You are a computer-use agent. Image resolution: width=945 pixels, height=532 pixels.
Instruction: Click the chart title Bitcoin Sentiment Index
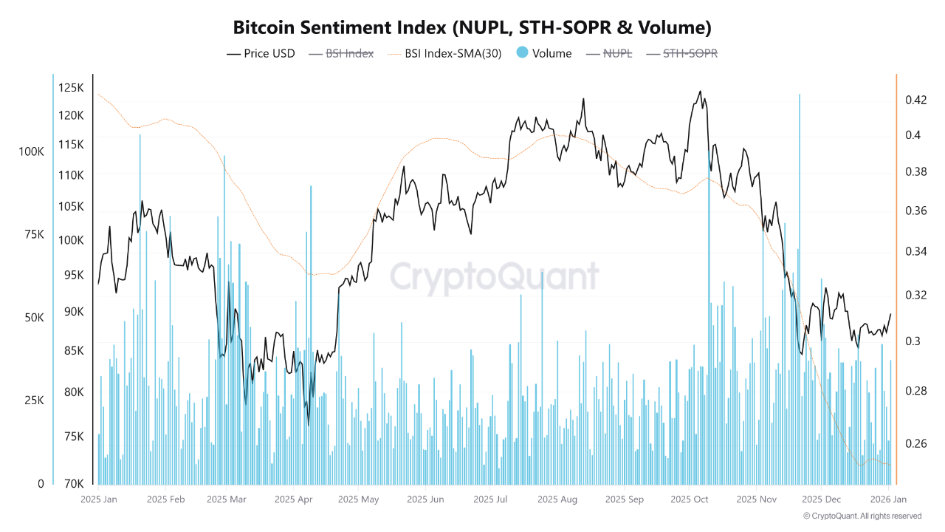point(472,28)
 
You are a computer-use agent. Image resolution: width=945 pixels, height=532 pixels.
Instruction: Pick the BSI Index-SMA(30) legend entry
point(444,53)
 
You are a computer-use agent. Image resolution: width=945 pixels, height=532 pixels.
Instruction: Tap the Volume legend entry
point(544,53)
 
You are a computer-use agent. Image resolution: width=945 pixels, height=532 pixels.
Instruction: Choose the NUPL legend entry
point(608,53)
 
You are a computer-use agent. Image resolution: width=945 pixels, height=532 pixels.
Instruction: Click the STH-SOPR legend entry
point(681,53)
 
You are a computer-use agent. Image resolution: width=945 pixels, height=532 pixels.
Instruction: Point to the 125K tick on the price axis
point(71,88)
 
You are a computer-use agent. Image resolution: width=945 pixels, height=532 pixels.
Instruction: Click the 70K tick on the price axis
point(73,484)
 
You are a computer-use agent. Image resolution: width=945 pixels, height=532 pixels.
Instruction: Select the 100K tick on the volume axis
point(32,151)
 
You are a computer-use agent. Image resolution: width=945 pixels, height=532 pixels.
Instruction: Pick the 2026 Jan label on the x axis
point(889,499)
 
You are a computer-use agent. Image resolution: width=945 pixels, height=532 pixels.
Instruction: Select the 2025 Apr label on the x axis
point(293,499)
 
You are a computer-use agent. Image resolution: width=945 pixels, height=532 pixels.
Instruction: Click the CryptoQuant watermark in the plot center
point(494,276)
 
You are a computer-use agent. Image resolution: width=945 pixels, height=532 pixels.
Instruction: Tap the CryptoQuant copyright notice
point(862,516)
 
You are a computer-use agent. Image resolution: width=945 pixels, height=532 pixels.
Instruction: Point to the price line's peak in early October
point(699,92)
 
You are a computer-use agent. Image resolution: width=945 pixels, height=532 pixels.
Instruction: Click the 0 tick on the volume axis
point(41,484)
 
